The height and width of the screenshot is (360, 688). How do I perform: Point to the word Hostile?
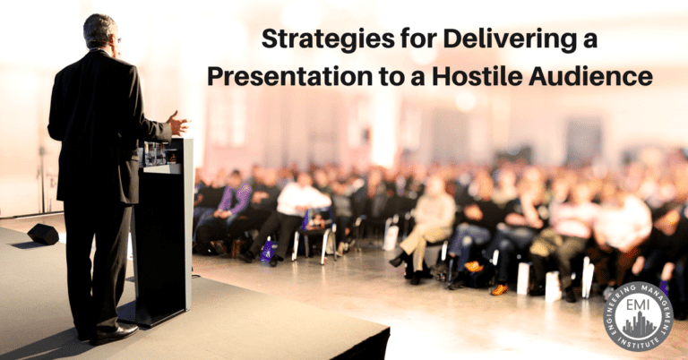coord(477,76)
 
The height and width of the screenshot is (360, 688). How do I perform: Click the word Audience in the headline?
coord(590,76)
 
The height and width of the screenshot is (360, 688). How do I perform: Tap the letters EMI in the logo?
coord(638,306)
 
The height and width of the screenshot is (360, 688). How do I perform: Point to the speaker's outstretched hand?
coord(177,123)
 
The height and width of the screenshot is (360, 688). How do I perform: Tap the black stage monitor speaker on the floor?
coord(43,234)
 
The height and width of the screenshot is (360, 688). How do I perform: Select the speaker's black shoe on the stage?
coord(113,334)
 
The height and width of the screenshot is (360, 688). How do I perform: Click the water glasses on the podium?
coord(155,154)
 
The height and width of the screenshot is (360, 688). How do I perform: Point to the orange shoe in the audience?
coord(499,290)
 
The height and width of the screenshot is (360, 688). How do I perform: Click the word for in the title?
coord(418,39)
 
